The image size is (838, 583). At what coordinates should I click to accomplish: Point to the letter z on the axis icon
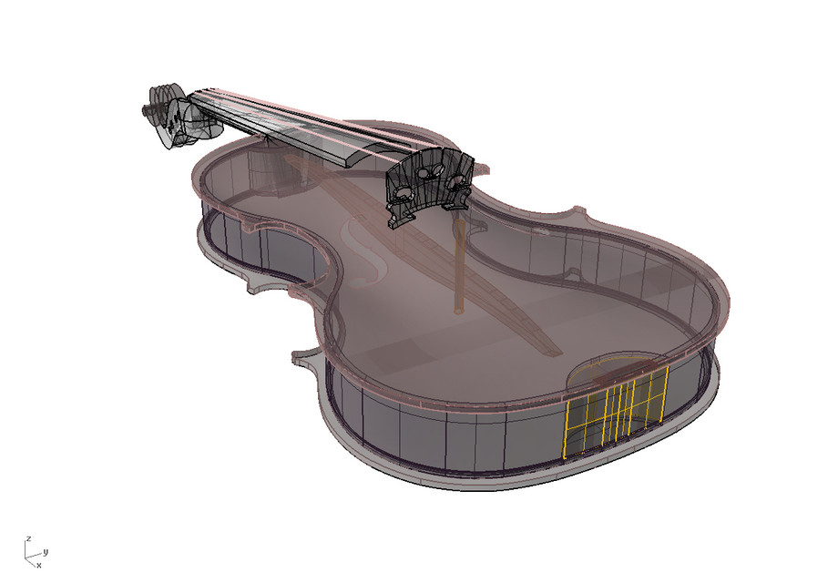pos(30,538)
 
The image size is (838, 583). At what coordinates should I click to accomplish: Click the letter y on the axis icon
pos(46,551)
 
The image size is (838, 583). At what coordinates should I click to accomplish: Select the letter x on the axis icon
pos(38,565)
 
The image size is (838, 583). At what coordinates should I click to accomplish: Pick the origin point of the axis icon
pos(30,556)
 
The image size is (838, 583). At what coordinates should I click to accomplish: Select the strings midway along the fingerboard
pos(273,114)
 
